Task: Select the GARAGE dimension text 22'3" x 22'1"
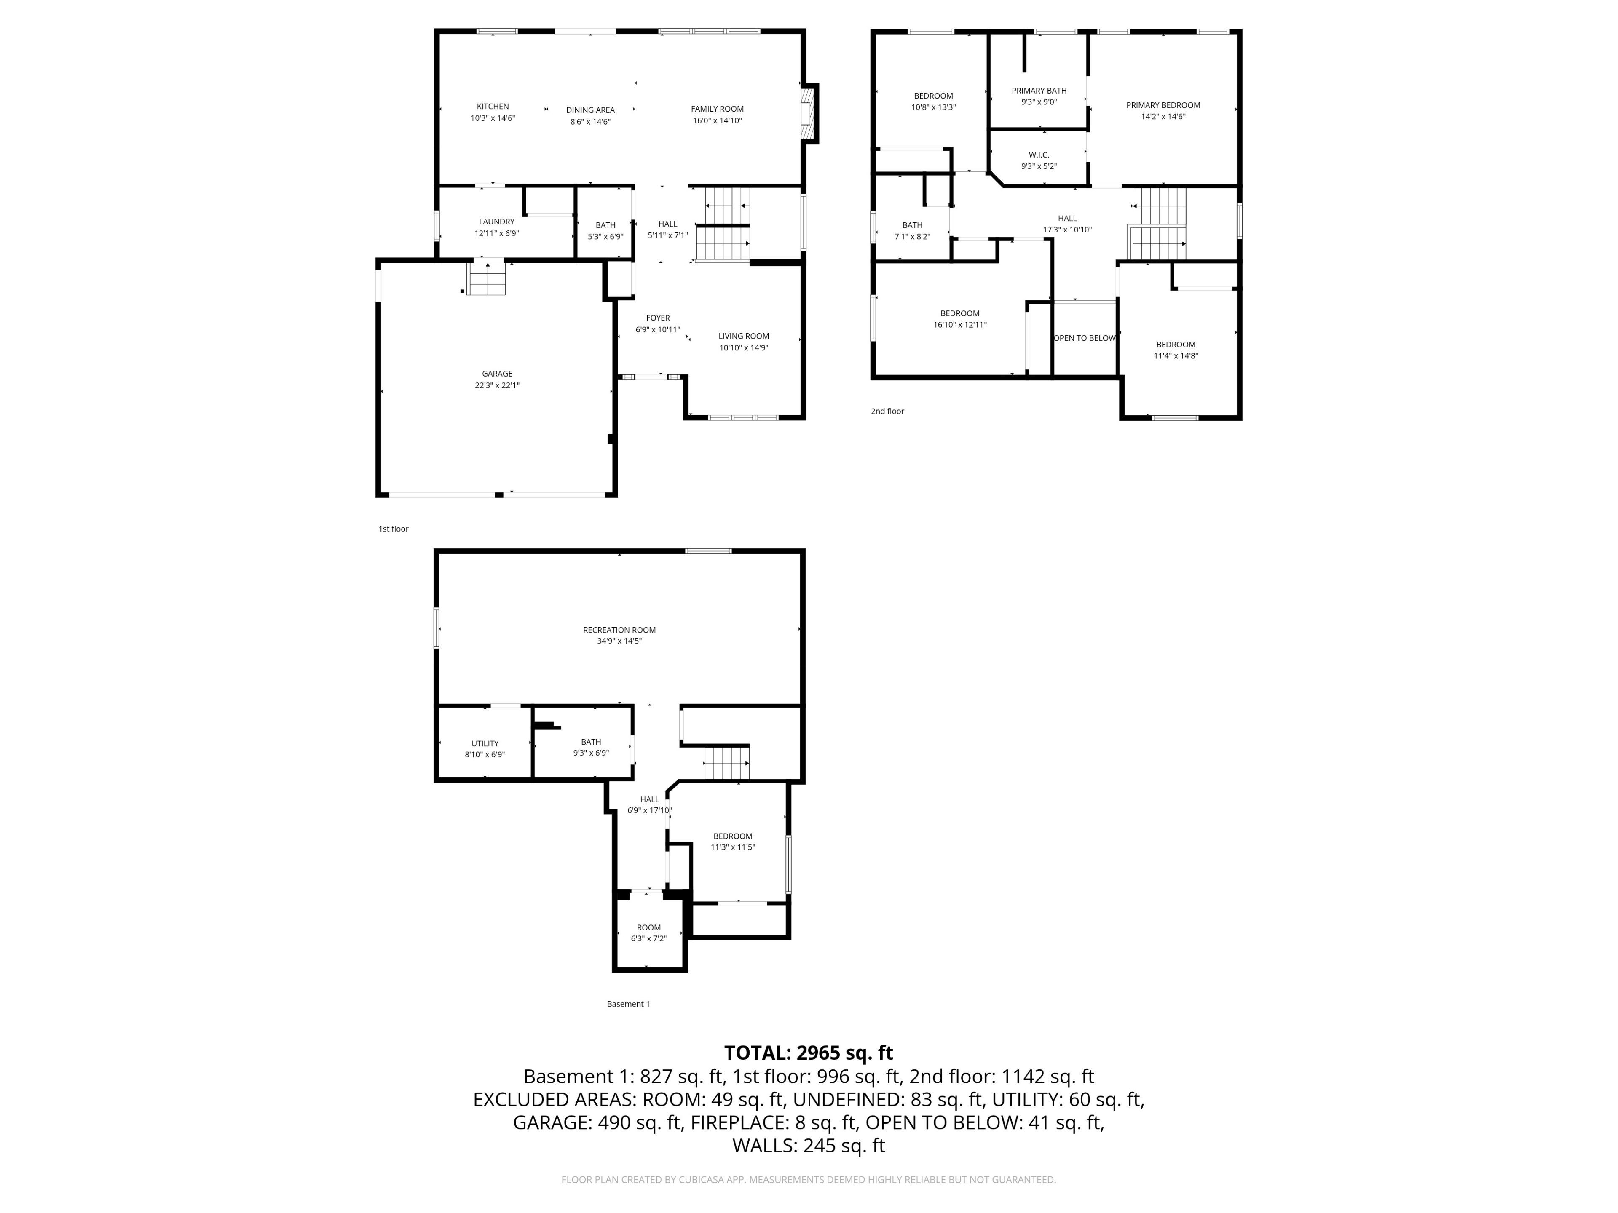497,385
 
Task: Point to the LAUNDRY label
497,222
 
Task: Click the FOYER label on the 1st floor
658,318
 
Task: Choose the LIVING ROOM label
743,337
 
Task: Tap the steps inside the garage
486,278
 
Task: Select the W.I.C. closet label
1039,155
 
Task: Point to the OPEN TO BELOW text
1084,338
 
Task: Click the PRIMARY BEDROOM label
1163,105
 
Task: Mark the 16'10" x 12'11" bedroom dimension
960,325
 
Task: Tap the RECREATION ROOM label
619,630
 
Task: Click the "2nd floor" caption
887,411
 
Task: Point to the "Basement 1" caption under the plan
628,1004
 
